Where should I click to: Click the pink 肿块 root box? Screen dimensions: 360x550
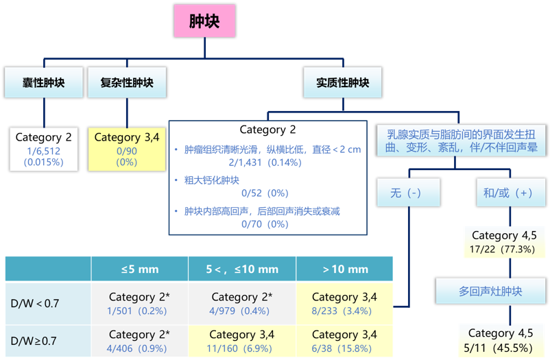(x=204, y=21)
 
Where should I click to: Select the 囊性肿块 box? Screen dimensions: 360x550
(x=43, y=83)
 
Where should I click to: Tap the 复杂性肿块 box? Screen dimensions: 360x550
(x=127, y=83)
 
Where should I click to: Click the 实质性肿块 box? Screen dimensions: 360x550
(x=342, y=83)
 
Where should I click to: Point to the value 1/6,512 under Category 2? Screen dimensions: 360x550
(x=43, y=150)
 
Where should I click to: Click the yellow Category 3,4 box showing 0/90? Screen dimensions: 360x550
(x=127, y=149)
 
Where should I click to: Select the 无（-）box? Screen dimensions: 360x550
(x=407, y=193)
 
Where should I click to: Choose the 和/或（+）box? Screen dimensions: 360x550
(x=508, y=193)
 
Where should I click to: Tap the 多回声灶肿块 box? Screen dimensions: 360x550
(x=490, y=291)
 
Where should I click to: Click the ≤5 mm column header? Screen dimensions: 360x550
(x=139, y=269)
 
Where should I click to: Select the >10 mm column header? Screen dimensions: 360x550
(x=344, y=269)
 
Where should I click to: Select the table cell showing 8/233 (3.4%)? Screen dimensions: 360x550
(x=344, y=304)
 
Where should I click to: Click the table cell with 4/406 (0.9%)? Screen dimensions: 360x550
(x=139, y=341)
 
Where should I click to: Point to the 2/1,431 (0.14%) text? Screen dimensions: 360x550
(x=264, y=162)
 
